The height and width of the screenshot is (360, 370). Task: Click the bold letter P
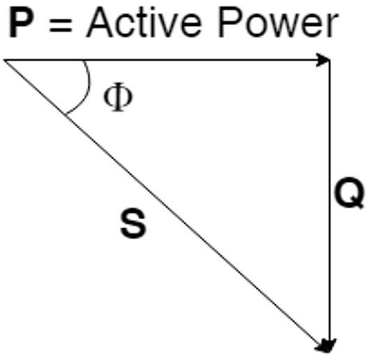[x=21, y=22]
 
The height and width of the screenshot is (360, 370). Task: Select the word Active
[x=144, y=22]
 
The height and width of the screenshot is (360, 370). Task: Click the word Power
[x=278, y=22]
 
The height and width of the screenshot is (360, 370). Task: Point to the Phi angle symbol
[x=118, y=97]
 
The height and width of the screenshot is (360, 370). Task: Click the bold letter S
[x=133, y=223]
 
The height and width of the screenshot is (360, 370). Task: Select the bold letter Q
[x=349, y=193]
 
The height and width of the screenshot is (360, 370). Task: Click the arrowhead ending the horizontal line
[x=323, y=60]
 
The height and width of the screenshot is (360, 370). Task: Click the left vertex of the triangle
[x=4, y=60]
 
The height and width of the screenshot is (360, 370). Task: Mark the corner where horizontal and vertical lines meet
[x=330, y=60]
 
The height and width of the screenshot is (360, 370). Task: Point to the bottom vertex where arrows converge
[x=329, y=352]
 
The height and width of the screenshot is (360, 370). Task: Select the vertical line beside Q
[x=330, y=206]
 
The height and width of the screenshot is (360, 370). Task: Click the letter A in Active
[x=100, y=22]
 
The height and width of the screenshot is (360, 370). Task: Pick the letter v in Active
[x=168, y=26]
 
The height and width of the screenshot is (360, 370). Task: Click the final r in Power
[x=332, y=26]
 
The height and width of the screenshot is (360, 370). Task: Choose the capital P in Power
[x=231, y=22]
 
